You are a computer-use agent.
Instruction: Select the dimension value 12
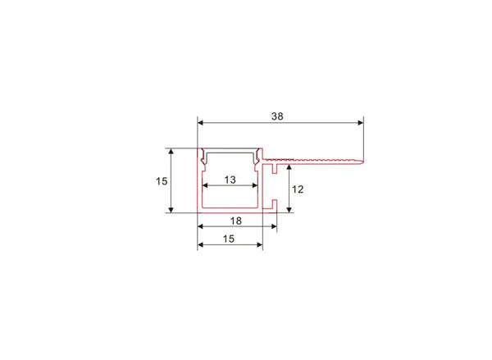pyautogui.click(x=298, y=189)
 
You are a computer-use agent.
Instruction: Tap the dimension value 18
pyautogui.click(x=236, y=221)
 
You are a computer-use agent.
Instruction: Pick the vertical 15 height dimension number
pyautogui.click(x=162, y=180)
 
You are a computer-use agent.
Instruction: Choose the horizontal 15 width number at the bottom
pyautogui.click(x=229, y=239)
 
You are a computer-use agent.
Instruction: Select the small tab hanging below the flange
pyautogui.click(x=273, y=169)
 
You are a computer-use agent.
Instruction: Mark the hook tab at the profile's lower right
pyautogui.click(x=275, y=204)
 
